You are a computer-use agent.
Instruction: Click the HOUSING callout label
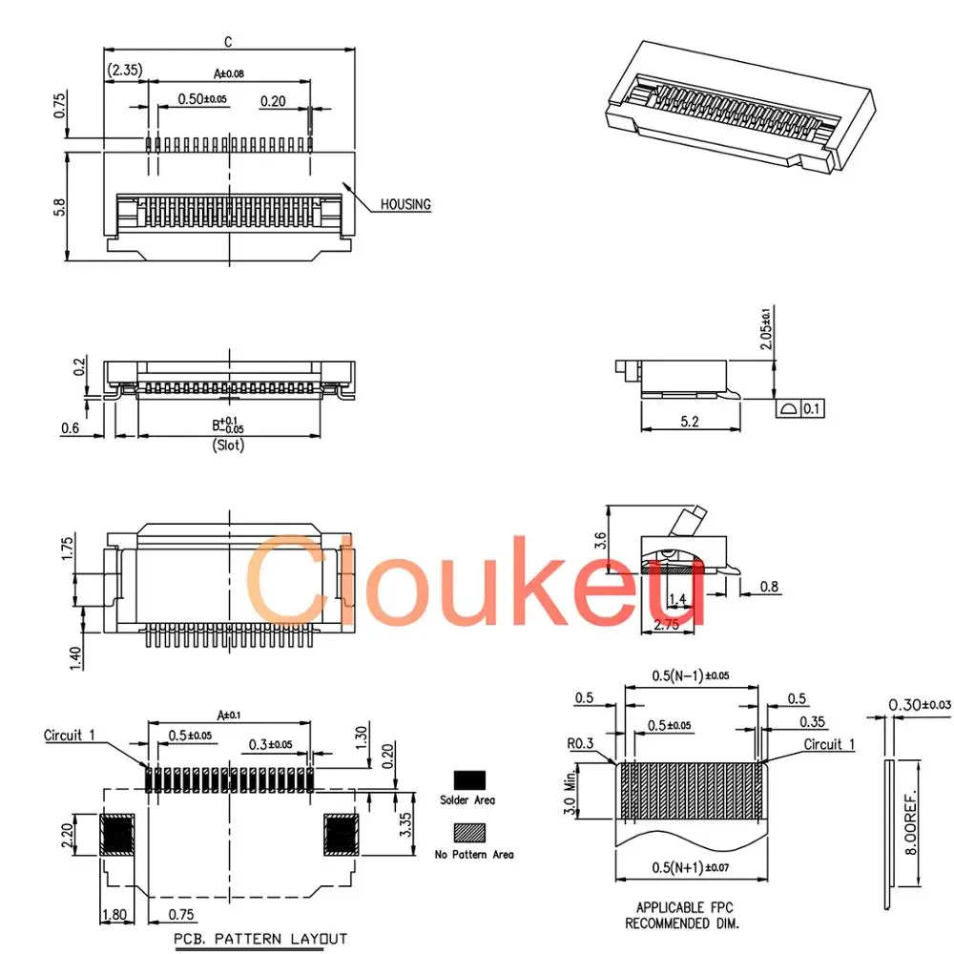[405, 204]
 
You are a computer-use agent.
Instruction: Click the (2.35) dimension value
[125, 70]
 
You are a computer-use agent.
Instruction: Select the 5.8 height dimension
[59, 207]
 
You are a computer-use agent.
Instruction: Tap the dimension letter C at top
[228, 42]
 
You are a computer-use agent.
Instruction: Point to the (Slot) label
[228, 446]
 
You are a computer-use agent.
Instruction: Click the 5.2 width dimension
[690, 422]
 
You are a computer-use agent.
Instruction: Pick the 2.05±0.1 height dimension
[766, 328]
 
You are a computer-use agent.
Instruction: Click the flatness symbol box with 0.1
[800, 408]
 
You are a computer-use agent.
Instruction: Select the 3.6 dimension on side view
[600, 540]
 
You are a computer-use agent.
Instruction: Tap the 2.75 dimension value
[667, 625]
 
